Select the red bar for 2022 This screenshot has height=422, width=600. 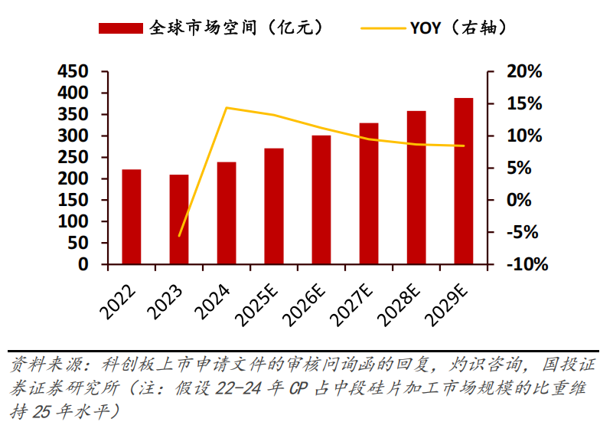tap(132, 217)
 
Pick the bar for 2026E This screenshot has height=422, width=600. tap(321, 200)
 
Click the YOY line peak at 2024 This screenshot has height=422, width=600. tap(227, 108)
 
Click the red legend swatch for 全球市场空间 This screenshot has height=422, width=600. tap(120, 28)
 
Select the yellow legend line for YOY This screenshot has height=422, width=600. tap(383, 28)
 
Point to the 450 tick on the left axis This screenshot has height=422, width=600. tap(73, 72)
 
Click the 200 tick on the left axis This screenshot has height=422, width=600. tap(73, 178)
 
